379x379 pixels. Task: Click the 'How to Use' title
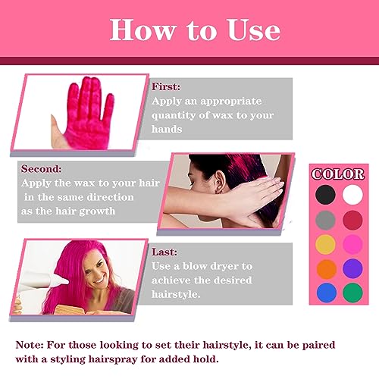[195, 30]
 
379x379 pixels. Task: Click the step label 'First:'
[167, 86]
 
